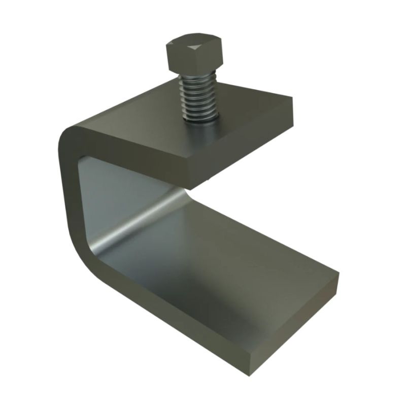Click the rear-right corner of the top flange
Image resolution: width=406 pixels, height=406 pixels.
click(x=293, y=98)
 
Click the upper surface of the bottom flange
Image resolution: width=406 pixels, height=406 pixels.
click(x=228, y=264)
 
